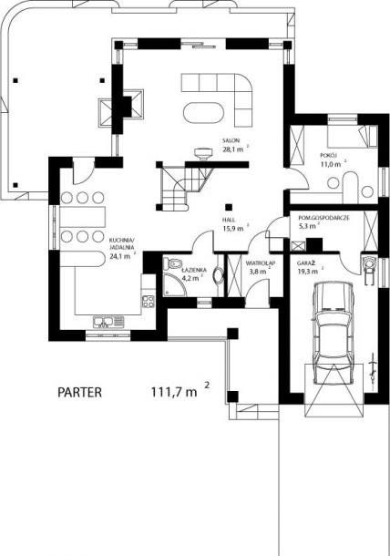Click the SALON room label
[231, 140]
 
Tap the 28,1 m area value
[233, 149]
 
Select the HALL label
[229, 220]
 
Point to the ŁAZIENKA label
[194, 270]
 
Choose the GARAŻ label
[307, 263]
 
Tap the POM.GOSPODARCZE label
[323, 218]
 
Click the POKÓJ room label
[328, 155]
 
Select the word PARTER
[80, 392]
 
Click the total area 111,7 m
[174, 392]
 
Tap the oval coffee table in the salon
[203, 113]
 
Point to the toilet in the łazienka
[172, 263]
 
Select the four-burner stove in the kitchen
[148, 302]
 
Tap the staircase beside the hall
[185, 188]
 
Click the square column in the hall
[229, 207]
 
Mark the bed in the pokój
[352, 136]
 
